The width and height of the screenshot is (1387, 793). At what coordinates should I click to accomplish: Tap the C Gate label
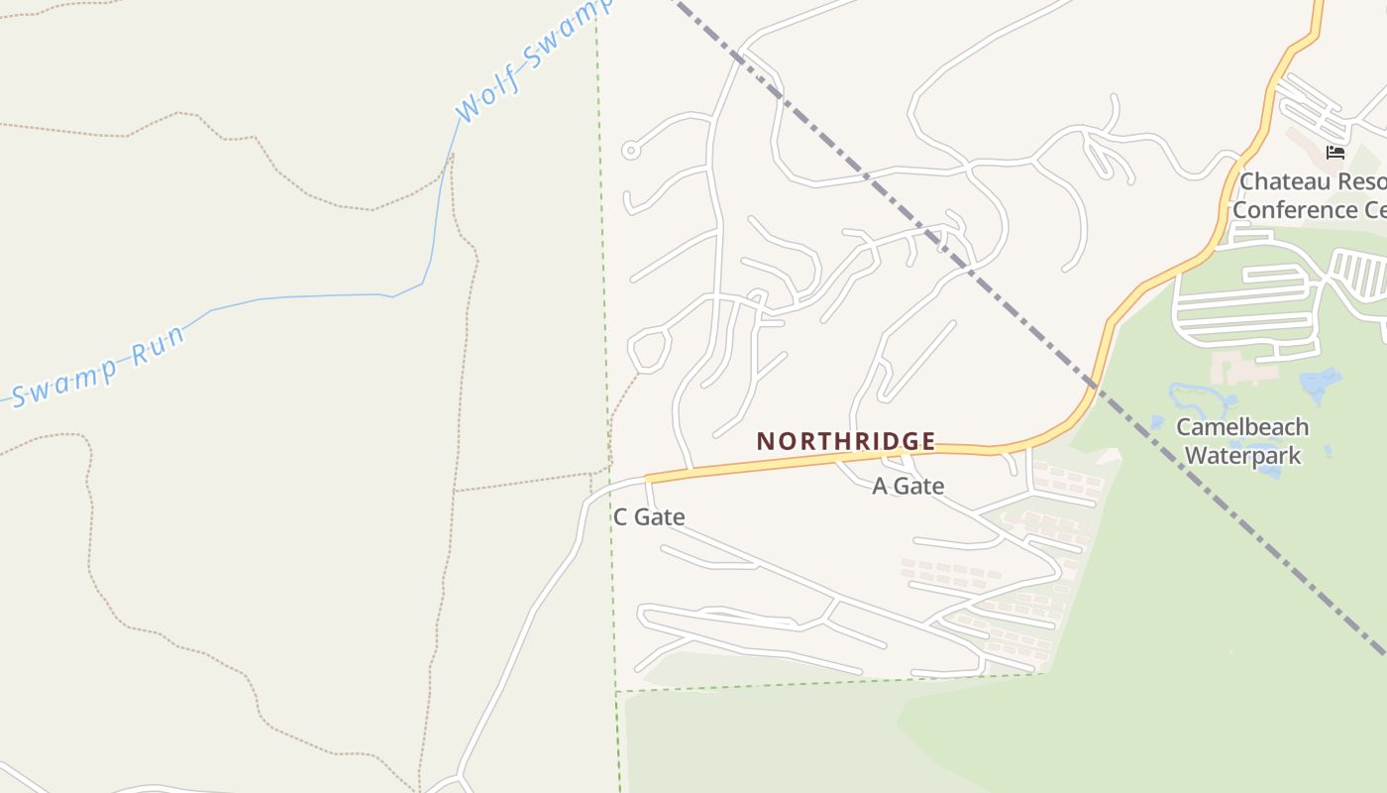(x=649, y=516)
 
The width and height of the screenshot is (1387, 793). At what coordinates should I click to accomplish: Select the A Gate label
(x=907, y=486)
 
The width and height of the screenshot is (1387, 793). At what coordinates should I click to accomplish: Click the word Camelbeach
(x=1241, y=427)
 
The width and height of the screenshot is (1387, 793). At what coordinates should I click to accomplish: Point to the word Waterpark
(x=1241, y=455)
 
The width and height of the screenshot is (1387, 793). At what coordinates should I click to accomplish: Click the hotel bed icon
(x=1335, y=152)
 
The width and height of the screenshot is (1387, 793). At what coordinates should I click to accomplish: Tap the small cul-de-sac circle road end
(x=630, y=151)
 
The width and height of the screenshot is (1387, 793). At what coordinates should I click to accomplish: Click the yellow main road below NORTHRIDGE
(x=793, y=462)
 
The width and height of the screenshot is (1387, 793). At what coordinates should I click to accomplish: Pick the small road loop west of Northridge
(x=648, y=349)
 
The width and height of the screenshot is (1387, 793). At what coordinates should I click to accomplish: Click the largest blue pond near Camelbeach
(x=1318, y=382)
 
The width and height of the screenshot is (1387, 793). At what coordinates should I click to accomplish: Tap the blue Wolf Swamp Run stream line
(x=317, y=295)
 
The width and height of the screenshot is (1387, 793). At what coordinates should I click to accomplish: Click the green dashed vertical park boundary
(x=602, y=248)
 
